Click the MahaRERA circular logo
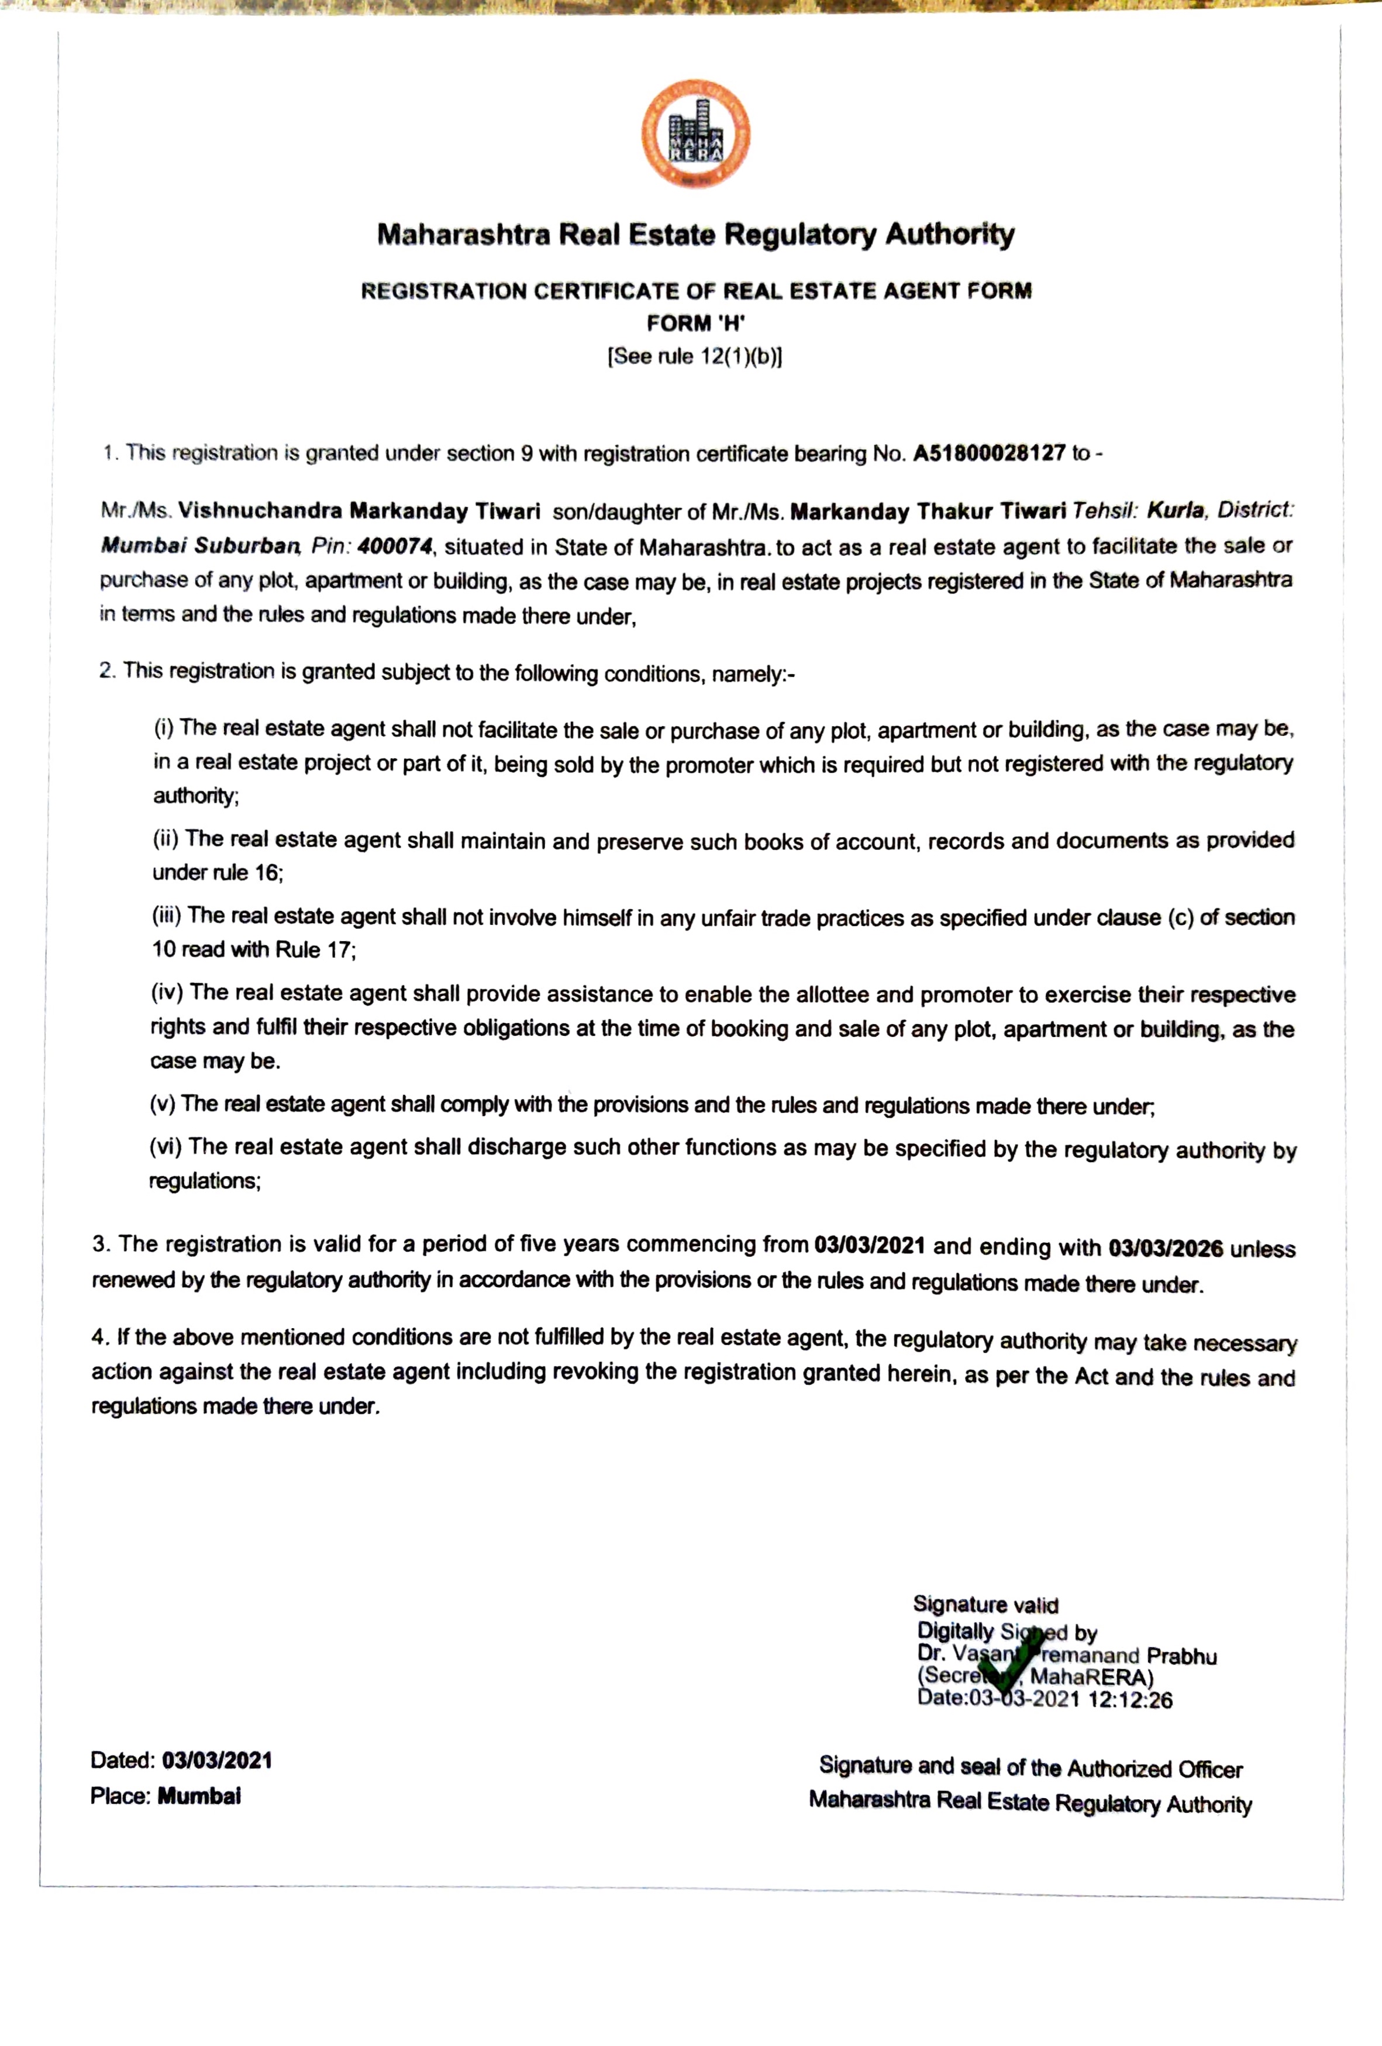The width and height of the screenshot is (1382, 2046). (x=696, y=134)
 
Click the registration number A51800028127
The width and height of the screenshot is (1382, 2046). (x=989, y=454)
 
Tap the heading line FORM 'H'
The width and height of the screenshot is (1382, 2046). (x=696, y=323)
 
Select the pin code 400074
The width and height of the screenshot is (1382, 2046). (x=395, y=547)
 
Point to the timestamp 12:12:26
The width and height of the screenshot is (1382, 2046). (x=1130, y=1700)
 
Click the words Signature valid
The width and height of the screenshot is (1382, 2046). (x=985, y=1605)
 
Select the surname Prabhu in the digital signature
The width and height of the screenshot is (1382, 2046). (x=1181, y=1656)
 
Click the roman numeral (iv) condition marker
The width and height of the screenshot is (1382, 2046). (x=167, y=992)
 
